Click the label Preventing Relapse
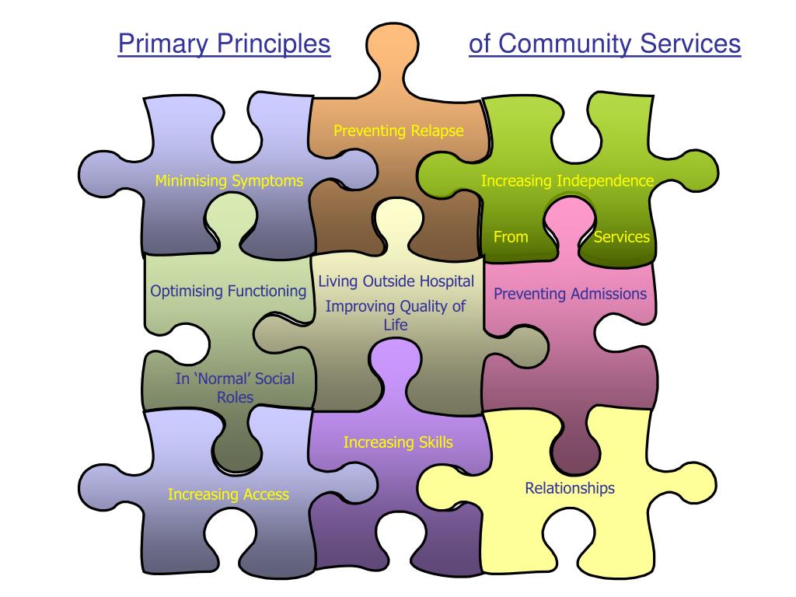pyautogui.click(x=398, y=131)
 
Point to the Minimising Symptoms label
pyautogui.click(x=229, y=182)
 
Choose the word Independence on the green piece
pyautogui.click(x=605, y=181)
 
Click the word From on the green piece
pyautogui.click(x=511, y=237)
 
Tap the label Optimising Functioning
pyautogui.click(x=228, y=292)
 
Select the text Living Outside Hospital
pyautogui.click(x=396, y=281)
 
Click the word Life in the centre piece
pyautogui.click(x=395, y=325)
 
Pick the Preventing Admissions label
pyautogui.click(x=570, y=294)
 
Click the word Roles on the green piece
pyautogui.click(x=235, y=396)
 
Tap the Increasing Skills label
pyautogui.click(x=398, y=443)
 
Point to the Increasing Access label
pyautogui.click(x=228, y=494)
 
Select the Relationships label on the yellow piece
pyautogui.click(x=570, y=488)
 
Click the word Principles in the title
pyautogui.click(x=274, y=44)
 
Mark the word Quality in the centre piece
pyautogui.click(x=422, y=306)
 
